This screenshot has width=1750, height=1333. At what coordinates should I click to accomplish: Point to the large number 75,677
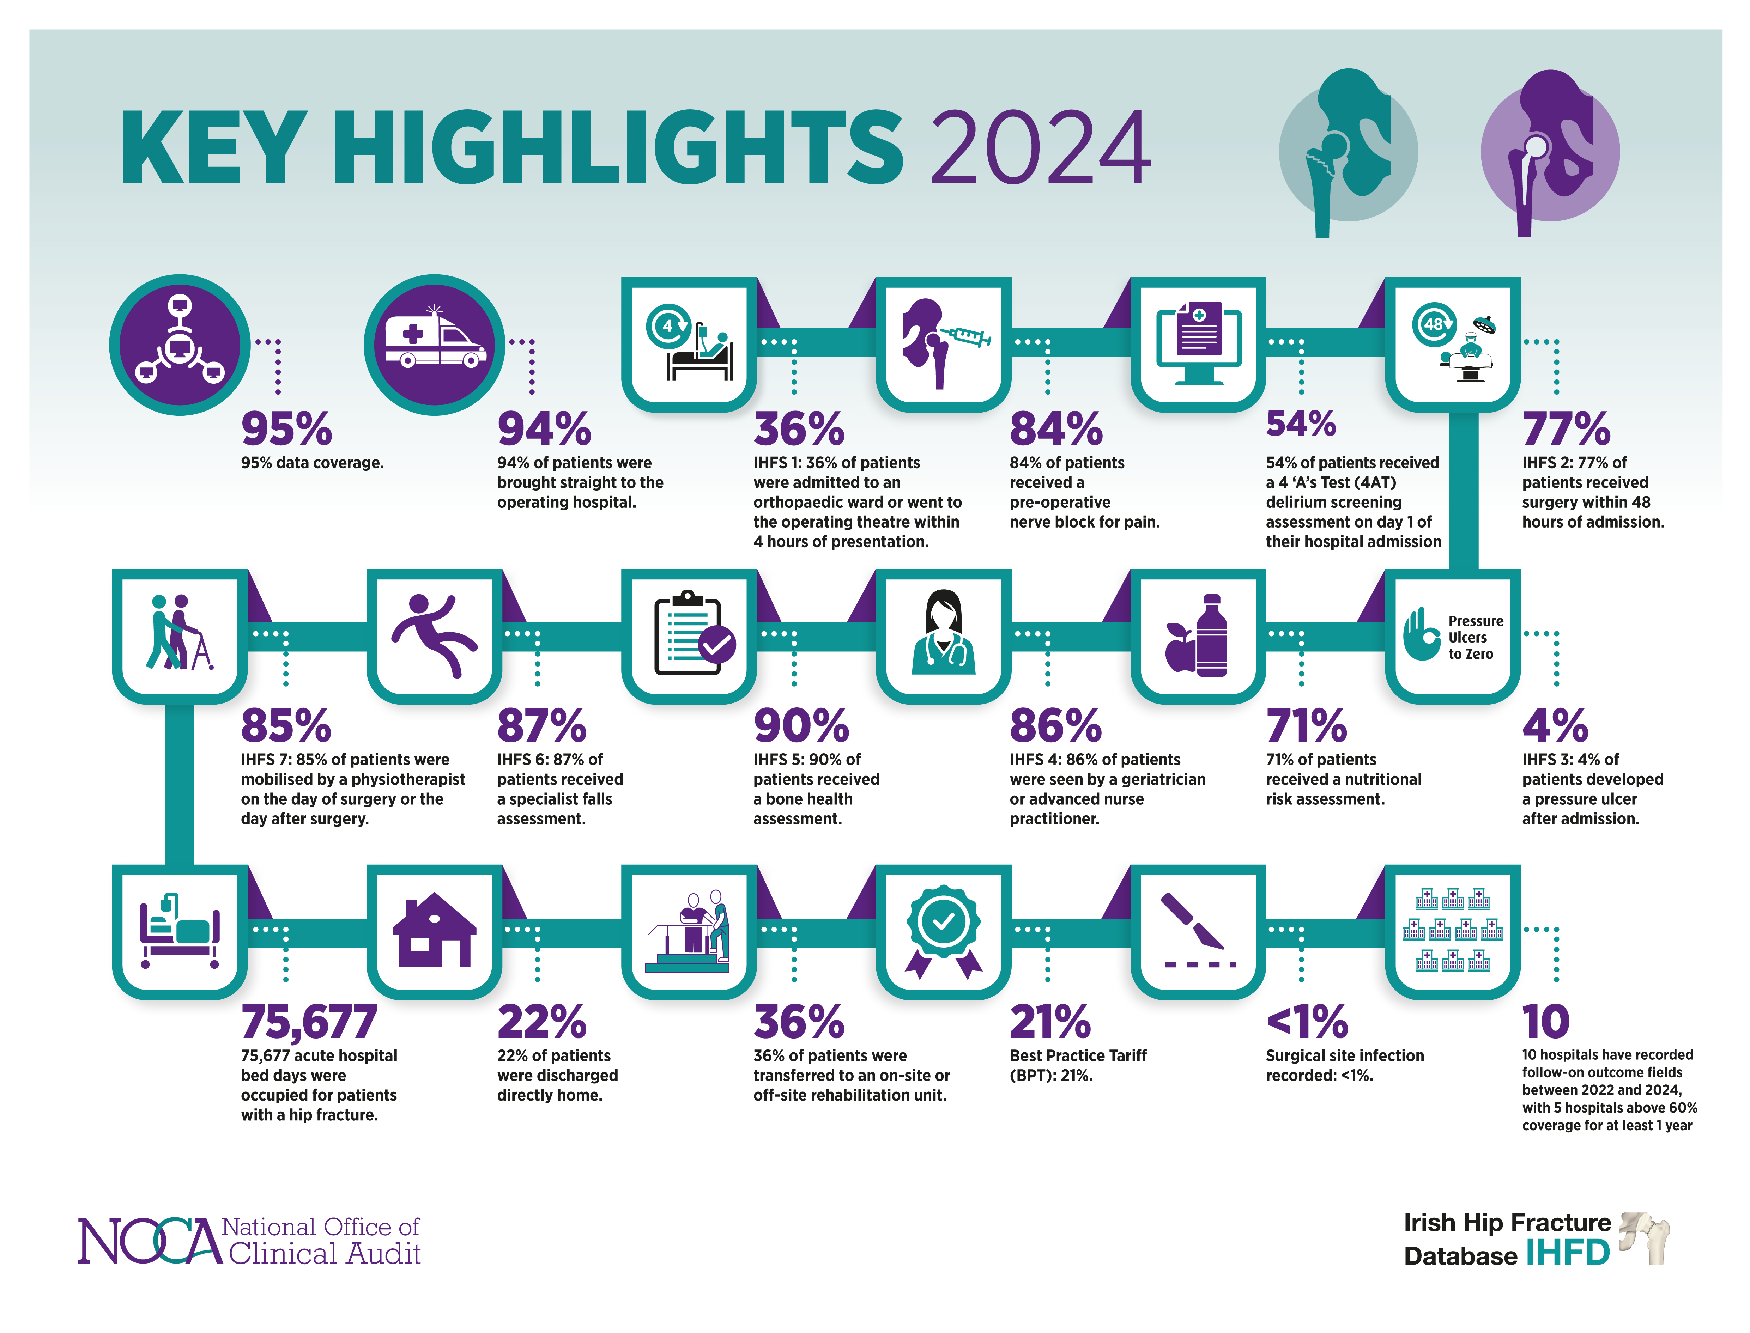(309, 1022)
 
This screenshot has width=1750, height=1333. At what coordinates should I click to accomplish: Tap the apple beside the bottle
(1179, 647)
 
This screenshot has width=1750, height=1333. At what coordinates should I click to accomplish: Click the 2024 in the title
(1040, 148)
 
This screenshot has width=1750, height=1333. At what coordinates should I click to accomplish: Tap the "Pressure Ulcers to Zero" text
(1475, 637)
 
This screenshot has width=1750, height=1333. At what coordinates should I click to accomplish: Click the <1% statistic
(1306, 1022)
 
